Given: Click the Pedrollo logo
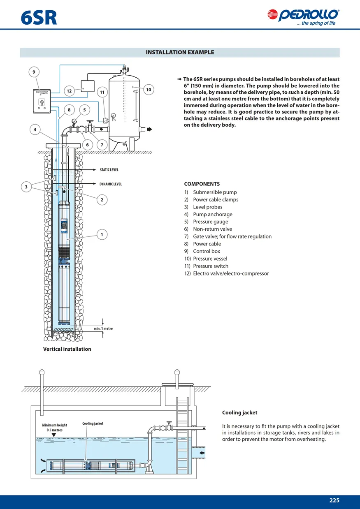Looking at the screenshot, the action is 303,17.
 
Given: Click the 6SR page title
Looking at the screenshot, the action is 39,18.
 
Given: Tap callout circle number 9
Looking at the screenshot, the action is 34,72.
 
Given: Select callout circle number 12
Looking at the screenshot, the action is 69,91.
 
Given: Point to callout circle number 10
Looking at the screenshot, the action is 149,90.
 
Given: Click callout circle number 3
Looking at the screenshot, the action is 26,187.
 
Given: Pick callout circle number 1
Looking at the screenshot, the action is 102,234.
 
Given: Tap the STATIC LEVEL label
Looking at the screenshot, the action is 109,170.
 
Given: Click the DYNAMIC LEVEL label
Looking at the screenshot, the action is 111,184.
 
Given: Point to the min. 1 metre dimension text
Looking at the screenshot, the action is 103,329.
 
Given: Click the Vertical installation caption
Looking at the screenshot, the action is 67,349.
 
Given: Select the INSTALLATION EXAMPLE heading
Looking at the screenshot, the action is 180,52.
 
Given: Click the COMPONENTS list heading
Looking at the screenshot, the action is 202,184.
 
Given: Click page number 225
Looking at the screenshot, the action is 334,500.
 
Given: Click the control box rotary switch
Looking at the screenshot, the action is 42,102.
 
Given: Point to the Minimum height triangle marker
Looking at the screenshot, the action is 54,435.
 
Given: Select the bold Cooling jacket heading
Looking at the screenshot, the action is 240,412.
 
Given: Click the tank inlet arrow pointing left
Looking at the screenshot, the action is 202,453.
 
